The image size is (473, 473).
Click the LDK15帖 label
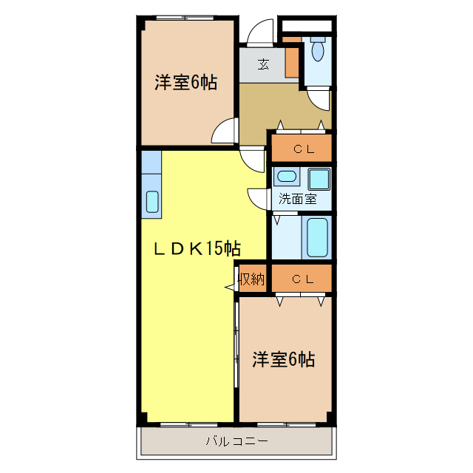197,248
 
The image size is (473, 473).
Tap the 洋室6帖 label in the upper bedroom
186,83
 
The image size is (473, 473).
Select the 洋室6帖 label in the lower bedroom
284,360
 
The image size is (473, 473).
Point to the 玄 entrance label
263,64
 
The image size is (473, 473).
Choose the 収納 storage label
251,279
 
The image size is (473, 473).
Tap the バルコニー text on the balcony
236,442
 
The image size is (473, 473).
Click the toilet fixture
318,50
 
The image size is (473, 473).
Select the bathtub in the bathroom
319,236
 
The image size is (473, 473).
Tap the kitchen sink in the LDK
152,201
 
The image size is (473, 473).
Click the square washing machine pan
320,179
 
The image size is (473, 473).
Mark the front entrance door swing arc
259,37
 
